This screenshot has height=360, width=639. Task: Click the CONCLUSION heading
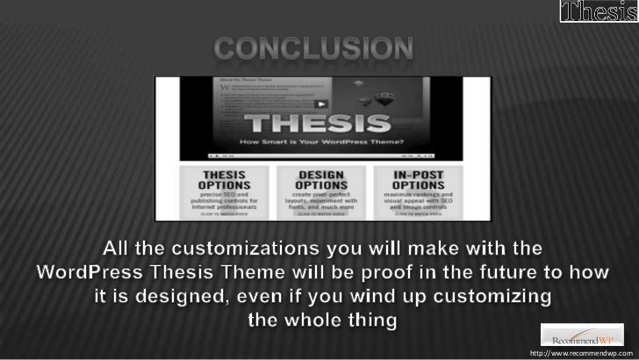click(x=313, y=49)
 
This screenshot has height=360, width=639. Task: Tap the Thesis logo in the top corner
click(x=598, y=13)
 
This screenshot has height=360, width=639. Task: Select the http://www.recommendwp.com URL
click(x=580, y=353)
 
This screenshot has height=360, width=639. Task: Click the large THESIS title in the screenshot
click(x=319, y=121)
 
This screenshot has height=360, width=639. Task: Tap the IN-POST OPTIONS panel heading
click(x=416, y=180)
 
